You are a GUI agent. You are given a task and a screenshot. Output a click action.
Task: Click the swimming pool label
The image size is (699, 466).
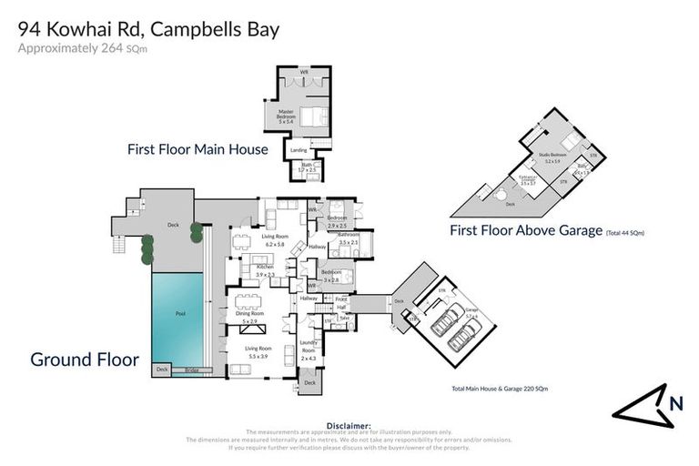pos(180,312)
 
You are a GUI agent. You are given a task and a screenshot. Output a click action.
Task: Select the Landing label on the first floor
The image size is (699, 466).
pos(298,150)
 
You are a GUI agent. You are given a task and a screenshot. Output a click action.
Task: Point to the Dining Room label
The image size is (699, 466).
pos(249,315)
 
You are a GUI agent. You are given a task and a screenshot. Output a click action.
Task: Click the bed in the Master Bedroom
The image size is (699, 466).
pos(310,116)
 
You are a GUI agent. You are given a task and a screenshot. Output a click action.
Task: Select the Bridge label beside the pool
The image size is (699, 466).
pos(191,370)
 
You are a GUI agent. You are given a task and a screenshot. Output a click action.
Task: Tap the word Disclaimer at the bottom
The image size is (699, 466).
pos(349,425)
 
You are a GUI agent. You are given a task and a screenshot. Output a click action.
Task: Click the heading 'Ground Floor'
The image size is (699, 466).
pos(85,360)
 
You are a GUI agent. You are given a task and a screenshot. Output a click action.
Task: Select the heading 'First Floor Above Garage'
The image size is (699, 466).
pos(525,231)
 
